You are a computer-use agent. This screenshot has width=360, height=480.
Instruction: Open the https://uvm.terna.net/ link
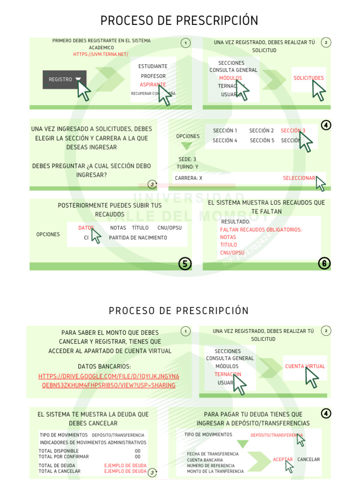[x=101, y=54]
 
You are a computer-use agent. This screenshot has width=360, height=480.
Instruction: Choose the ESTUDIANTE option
[x=153, y=67]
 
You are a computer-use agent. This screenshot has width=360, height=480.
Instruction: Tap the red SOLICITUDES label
[x=308, y=78]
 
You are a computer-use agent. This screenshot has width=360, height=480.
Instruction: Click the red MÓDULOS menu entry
[x=230, y=78]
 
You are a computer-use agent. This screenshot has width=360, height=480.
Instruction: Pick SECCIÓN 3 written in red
[x=292, y=131]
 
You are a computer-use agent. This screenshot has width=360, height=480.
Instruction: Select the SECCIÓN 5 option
[x=262, y=141]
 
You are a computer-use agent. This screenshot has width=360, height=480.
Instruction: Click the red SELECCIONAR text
[x=299, y=178]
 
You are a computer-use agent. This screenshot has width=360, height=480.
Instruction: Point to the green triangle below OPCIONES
[x=187, y=146]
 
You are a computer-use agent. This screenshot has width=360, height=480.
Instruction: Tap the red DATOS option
[x=86, y=228]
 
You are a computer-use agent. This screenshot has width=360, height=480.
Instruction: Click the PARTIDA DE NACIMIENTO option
[x=138, y=238]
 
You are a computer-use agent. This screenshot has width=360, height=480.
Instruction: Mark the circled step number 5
[x=185, y=264]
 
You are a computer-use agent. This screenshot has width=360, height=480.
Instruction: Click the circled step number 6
[x=324, y=263]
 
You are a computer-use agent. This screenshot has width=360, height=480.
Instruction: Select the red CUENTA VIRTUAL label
[x=305, y=367]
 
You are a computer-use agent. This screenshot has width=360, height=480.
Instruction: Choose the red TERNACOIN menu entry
[x=227, y=375]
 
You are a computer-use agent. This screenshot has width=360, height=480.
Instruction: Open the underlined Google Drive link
[x=109, y=381]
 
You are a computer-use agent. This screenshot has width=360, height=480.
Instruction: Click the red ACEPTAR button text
[x=283, y=459]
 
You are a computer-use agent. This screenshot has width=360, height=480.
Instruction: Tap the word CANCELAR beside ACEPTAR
[x=308, y=459]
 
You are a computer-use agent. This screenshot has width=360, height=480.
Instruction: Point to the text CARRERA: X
[x=188, y=178]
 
